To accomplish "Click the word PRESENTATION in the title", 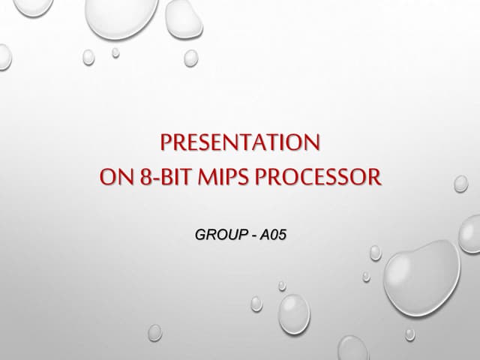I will [x=241, y=143].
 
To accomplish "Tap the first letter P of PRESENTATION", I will [x=167, y=143].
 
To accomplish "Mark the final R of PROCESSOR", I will [x=374, y=179].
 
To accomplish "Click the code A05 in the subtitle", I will [x=274, y=235].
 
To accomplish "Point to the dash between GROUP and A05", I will [x=254, y=236].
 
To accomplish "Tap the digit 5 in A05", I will [x=283, y=235].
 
